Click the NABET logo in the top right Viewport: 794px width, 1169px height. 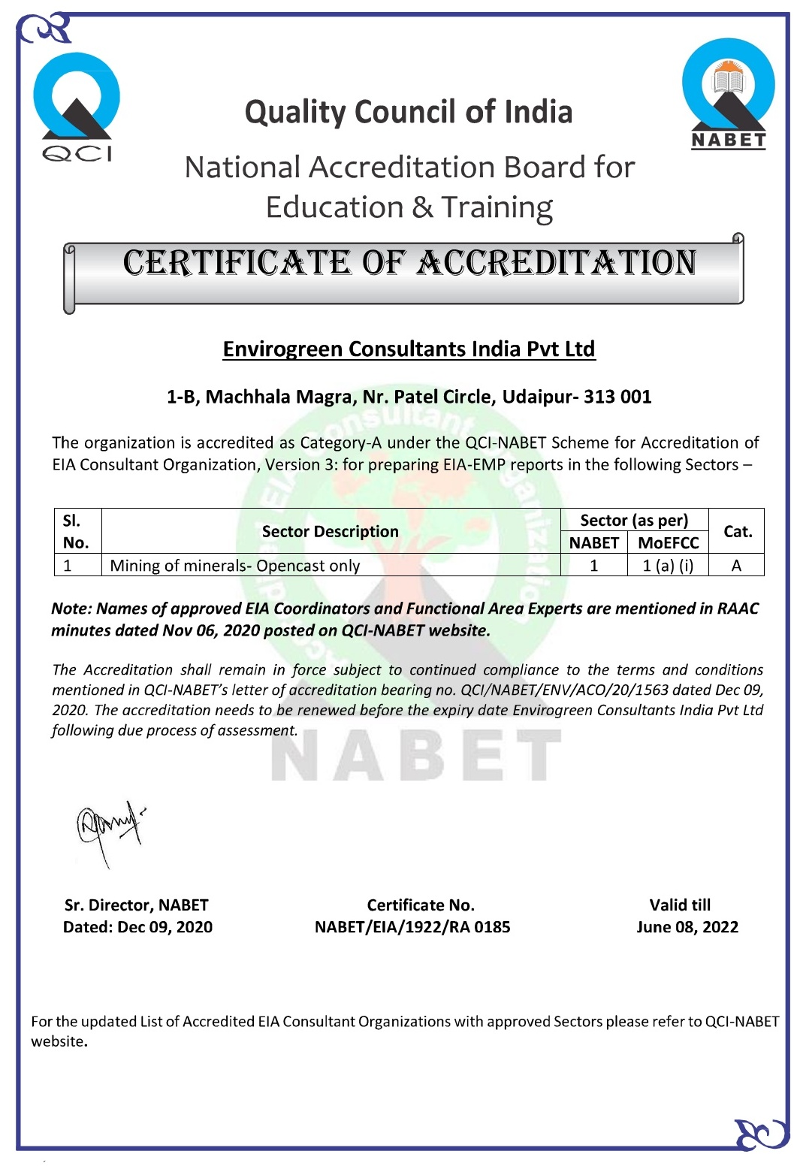pyautogui.click(x=728, y=95)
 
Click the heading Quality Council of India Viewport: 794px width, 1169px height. pyautogui.click(x=409, y=113)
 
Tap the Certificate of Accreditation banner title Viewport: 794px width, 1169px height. pyautogui.click(x=409, y=264)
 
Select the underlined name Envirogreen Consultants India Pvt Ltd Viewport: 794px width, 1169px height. pyautogui.click(x=409, y=349)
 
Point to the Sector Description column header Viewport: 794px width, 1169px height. pyautogui.click(x=330, y=531)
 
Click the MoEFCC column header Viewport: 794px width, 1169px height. pyautogui.click(x=668, y=542)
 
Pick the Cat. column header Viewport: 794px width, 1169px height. pyautogui.click(x=737, y=531)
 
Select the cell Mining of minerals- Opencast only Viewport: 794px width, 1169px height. pyautogui.click(x=235, y=566)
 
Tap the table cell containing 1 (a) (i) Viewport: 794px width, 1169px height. pyautogui.click(x=668, y=566)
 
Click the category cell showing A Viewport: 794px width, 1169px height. pyautogui.click(x=736, y=566)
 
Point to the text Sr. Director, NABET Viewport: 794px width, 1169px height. pyautogui.click(x=137, y=905)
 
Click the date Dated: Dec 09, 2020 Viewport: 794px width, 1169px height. pyautogui.click(x=137, y=927)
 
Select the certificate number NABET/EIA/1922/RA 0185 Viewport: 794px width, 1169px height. pyautogui.click(x=412, y=927)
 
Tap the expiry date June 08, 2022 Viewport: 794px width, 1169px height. pyautogui.click(x=687, y=927)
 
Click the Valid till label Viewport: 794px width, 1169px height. pyautogui.click(x=680, y=905)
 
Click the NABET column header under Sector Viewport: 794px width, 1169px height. pyautogui.click(x=593, y=542)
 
